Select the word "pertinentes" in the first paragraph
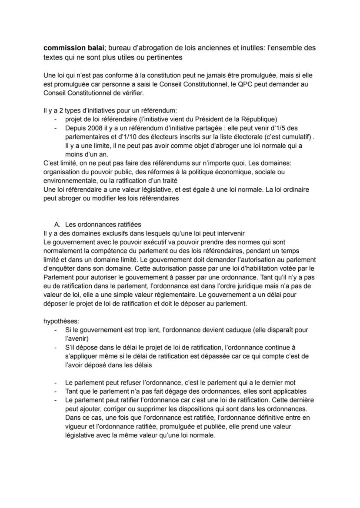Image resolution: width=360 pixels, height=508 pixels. pos(125,57)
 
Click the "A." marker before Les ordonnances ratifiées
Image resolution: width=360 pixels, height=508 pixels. pos(57,224)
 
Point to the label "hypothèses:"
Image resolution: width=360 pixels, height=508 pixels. pos(61,321)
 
